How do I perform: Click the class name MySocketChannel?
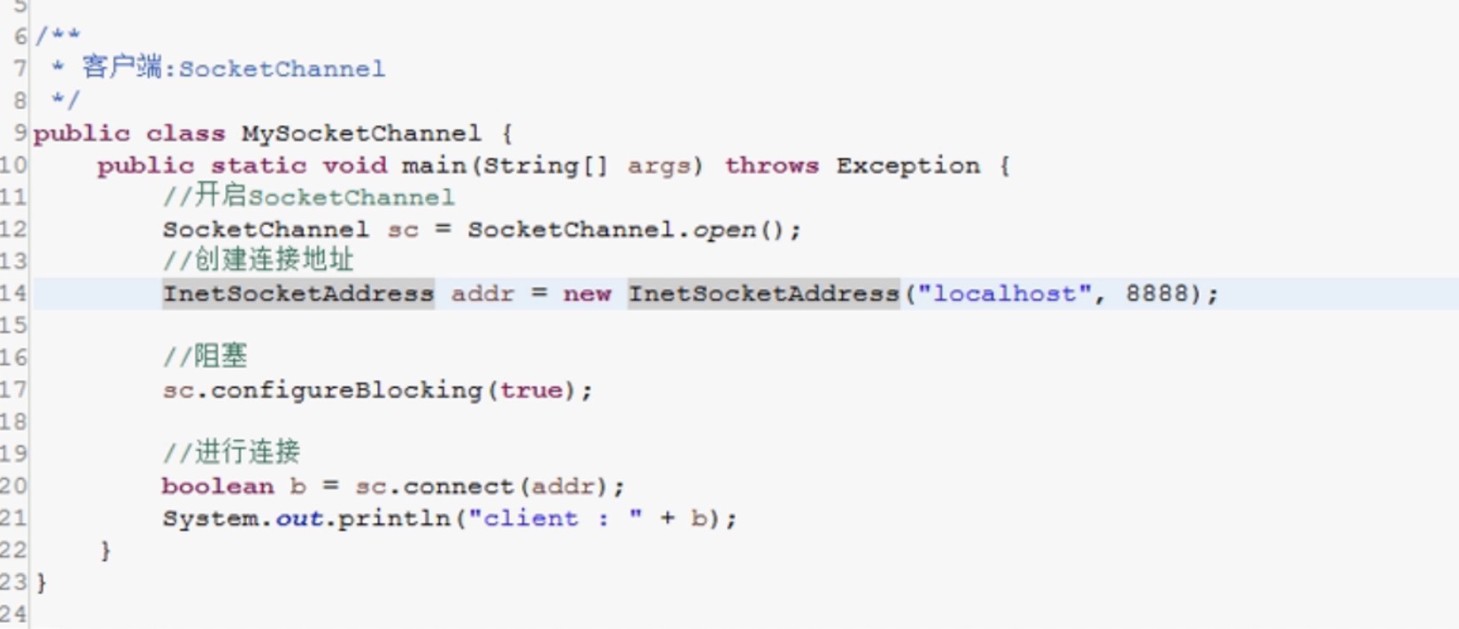pos(361,134)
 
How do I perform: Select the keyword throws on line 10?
pos(771,166)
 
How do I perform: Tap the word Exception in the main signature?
pos(907,166)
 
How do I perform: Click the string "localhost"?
pos(1004,294)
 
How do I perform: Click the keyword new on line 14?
pos(586,294)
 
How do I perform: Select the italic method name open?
pos(724,230)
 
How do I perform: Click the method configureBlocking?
pos(346,391)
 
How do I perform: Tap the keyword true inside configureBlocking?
pos(531,391)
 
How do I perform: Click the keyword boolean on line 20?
pos(218,486)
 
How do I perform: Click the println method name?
pos(394,518)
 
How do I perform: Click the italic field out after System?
pos(298,518)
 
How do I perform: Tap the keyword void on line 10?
pos(354,166)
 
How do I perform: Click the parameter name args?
pos(660,166)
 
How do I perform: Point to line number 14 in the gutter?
pos(13,293)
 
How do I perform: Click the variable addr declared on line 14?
pos(482,294)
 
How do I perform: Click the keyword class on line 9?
pos(185,134)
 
